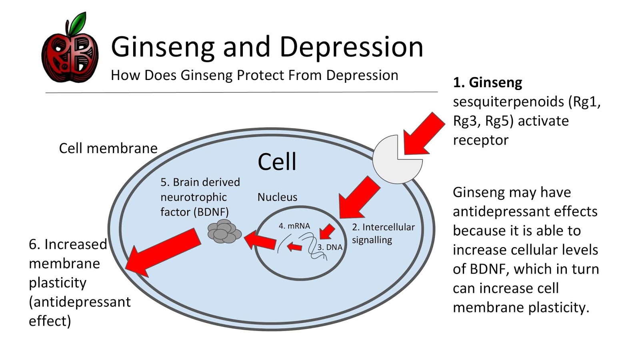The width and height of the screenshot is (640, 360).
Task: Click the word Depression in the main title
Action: pyautogui.click(x=351, y=47)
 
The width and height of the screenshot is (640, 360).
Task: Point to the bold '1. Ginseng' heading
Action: pyautogui.click(x=487, y=82)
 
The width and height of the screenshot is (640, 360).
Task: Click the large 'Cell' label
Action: pyautogui.click(x=277, y=162)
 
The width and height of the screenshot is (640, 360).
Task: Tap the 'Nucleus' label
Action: pyautogui.click(x=277, y=197)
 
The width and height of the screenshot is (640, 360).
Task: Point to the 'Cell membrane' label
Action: pyautogui.click(x=108, y=148)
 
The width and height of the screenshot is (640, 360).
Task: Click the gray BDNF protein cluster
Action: pyautogui.click(x=224, y=232)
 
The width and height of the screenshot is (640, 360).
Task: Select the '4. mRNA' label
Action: pyautogui.click(x=294, y=226)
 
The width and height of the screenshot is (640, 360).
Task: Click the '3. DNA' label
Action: pyautogui.click(x=330, y=247)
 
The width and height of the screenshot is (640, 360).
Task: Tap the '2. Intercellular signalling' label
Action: pyautogui.click(x=383, y=233)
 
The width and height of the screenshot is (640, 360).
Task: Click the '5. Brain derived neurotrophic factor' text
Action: pyautogui.click(x=200, y=197)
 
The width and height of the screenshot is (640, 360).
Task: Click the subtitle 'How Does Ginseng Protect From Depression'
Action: pyautogui.click(x=254, y=75)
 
